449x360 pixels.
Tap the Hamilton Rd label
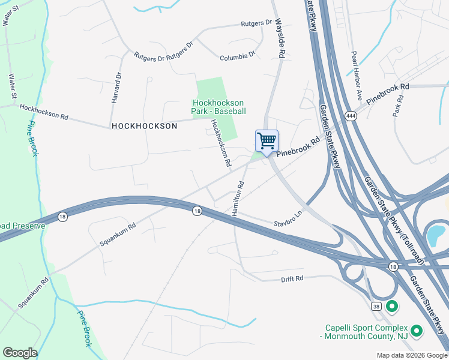coord(236,199)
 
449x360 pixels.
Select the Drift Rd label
coord(292,279)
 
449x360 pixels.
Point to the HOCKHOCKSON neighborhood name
coord(144,126)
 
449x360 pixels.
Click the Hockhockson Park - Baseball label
coord(218,107)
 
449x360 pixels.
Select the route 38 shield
coord(376,306)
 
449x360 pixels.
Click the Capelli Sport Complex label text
coord(366,332)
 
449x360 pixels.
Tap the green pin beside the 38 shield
coord(393,307)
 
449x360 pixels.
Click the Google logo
coord(20,353)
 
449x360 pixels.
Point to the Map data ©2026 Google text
coord(411,355)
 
